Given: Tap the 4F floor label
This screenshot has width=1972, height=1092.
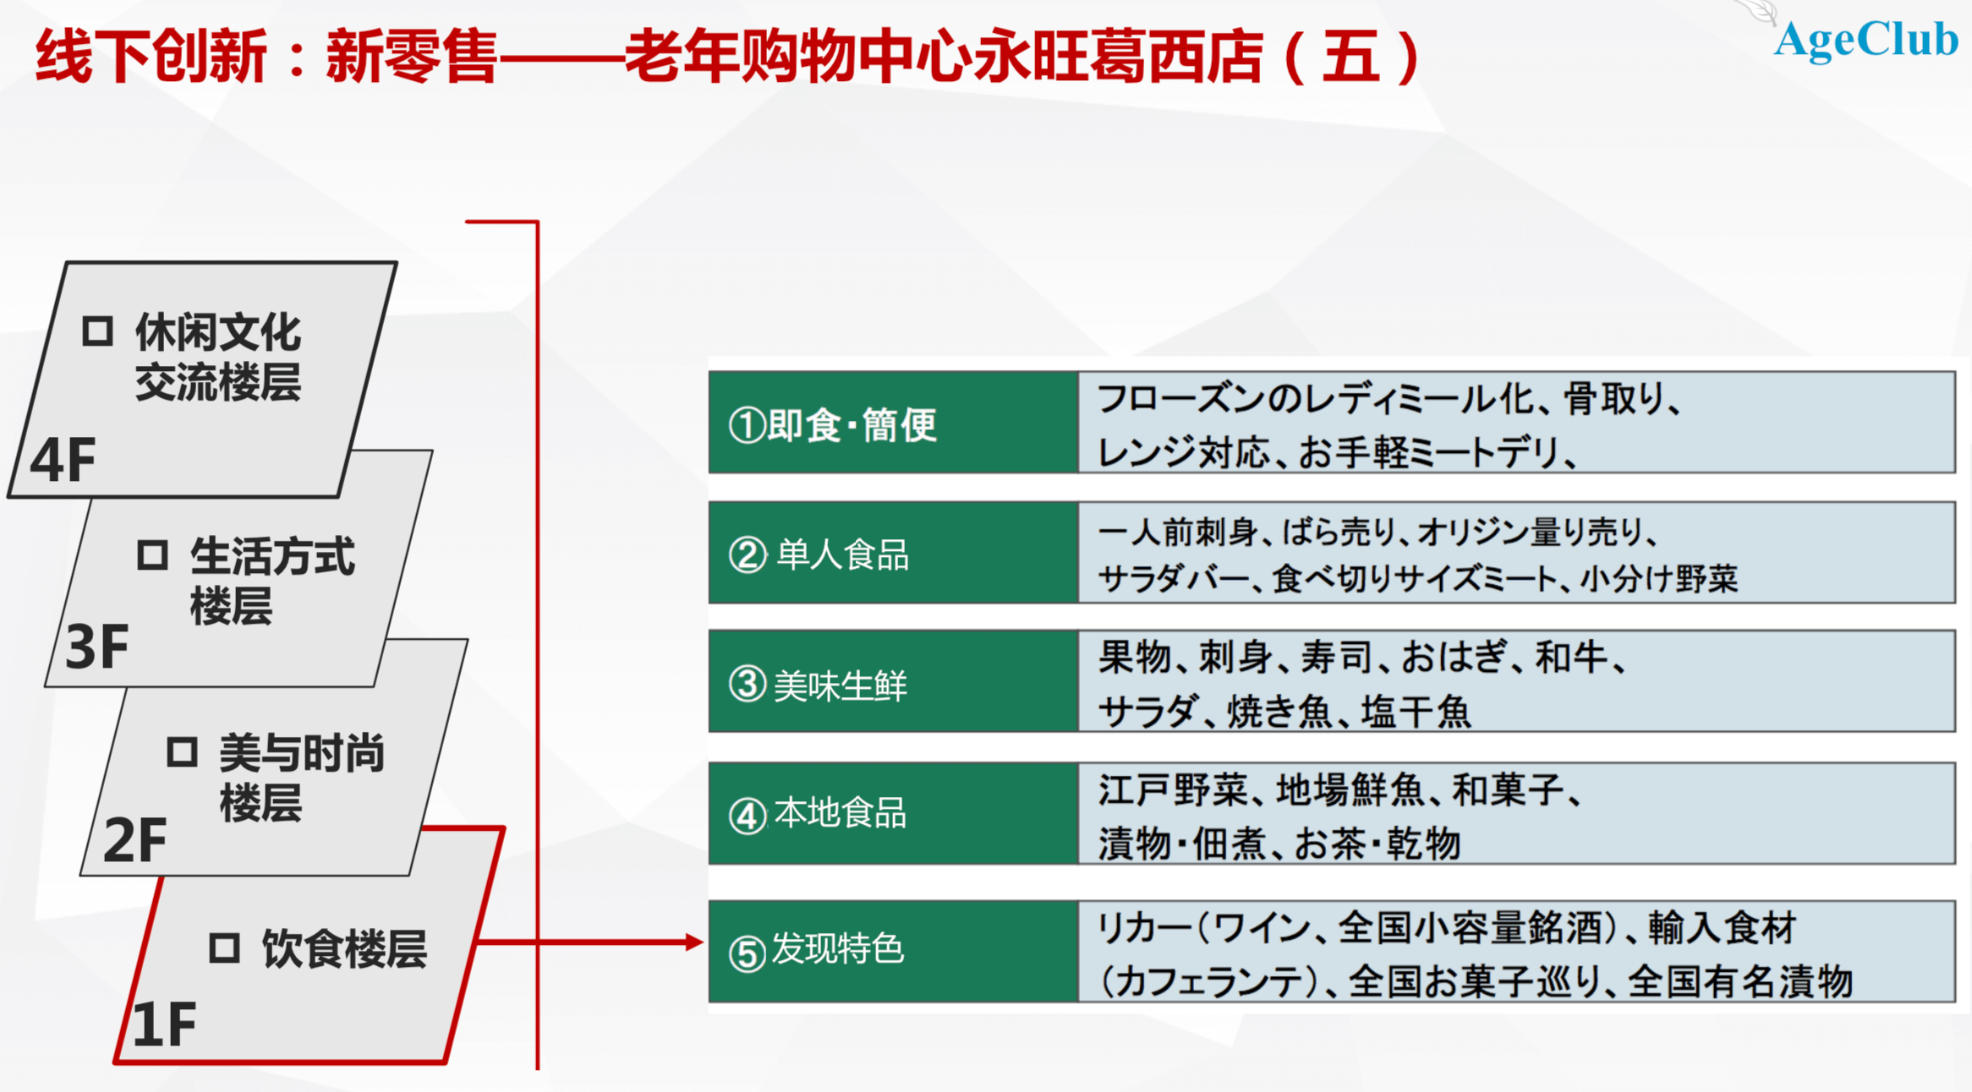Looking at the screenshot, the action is click(63, 461).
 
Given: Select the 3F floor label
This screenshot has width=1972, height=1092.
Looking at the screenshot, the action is click(97, 647).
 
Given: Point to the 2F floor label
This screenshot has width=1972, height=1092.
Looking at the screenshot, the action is click(135, 840).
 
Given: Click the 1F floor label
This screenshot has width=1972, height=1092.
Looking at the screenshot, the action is click(164, 1025).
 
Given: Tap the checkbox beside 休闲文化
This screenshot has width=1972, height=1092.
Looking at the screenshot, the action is click(97, 330).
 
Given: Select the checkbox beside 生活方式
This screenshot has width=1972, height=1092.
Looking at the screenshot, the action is click(152, 555).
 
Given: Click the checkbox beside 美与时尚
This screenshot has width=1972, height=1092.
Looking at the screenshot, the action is click(182, 751).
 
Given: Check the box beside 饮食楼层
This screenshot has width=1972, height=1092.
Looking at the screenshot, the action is click(224, 947).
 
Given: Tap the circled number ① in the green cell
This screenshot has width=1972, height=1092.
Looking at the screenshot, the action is click(748, 425).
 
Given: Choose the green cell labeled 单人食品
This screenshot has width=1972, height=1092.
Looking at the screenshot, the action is click(893, 553).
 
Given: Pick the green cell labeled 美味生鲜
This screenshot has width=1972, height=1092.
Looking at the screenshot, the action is click(893, 681).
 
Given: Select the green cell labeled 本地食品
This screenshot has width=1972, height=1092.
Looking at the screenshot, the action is click(893, 813).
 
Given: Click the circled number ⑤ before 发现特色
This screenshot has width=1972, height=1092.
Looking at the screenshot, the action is click(748, 953).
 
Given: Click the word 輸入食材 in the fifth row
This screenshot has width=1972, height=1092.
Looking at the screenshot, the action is click(1722, 928).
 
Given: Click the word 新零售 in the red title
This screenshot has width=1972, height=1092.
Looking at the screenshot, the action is click(411, 56).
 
